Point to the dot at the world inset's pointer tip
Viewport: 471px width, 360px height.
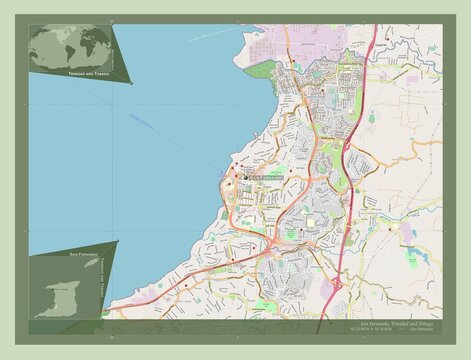tap(131, 83)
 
